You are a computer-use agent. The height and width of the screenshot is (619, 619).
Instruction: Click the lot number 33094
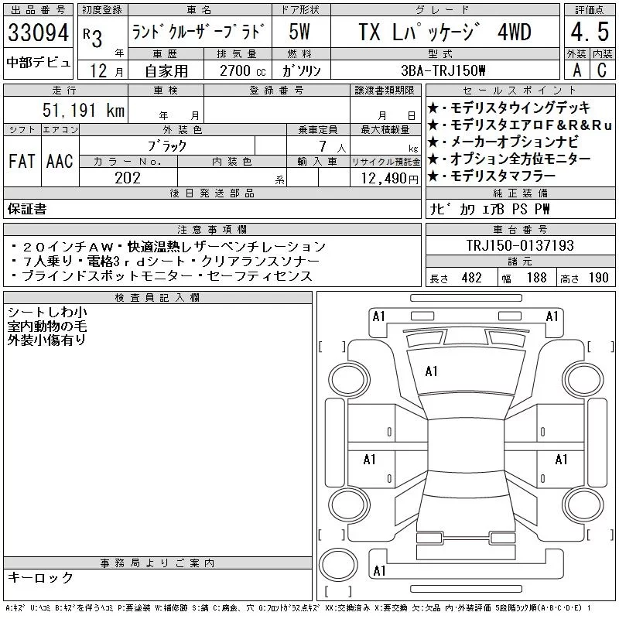coord(38,32)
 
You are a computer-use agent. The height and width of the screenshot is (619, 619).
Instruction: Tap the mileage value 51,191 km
coord(84,110)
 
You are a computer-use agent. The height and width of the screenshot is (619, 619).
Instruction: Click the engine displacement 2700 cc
coord(242,70)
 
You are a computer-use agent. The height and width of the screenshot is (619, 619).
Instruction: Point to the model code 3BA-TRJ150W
coord(443,70)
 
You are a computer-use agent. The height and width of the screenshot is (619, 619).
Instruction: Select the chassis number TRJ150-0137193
coord(520,245)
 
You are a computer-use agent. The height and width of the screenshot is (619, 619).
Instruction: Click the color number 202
coord(128,178)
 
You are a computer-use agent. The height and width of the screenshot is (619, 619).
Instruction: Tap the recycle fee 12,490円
coord(390,179)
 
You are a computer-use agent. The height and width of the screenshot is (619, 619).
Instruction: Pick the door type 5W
coord(299,32)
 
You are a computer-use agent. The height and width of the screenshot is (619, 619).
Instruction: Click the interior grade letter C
coord(602,70)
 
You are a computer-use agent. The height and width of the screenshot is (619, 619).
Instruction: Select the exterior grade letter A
coord(576,70)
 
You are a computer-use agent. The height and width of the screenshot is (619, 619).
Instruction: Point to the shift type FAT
coord(22,161)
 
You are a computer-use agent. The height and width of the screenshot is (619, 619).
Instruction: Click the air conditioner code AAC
coord(60,161)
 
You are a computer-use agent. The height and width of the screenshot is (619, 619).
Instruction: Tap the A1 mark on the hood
coord(431,371)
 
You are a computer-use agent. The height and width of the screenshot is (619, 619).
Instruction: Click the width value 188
coord(536,278)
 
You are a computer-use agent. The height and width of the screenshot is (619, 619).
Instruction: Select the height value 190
coord(598,278)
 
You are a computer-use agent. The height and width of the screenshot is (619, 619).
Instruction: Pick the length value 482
coord(472,278)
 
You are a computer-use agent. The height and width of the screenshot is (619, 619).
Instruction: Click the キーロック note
coord(40,577)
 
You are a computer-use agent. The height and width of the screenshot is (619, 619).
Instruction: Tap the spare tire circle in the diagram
coord(338,564)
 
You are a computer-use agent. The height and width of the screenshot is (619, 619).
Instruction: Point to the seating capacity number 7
coord(323,146)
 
